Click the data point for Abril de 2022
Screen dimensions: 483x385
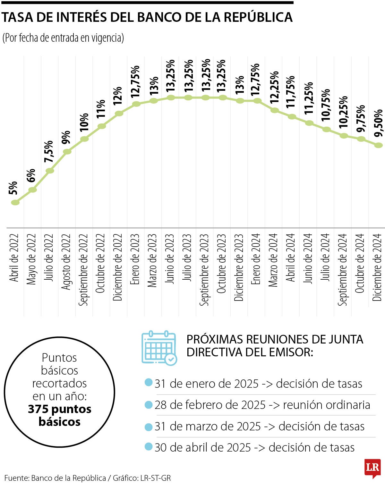click(x=15, y=202)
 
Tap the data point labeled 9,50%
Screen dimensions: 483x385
click(x=379, y=145)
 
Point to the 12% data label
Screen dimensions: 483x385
click(x=118, y=96)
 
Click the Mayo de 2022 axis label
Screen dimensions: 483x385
click(x=31, y=259)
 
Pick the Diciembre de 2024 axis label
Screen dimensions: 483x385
click(x=377, y=267)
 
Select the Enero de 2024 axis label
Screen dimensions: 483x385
click(x=256, y=259)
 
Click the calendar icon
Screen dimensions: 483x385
click(x=159, y=348)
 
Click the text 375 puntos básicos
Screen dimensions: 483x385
click(x=60, y=415)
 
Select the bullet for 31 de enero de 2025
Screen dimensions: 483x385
click(x=148, y=382)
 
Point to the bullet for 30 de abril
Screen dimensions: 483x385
click(x=148, y=446)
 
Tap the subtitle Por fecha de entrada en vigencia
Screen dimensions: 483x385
click(x=63, y=38)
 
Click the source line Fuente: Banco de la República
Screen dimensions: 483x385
click(x=55, y=478)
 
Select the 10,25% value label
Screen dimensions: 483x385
click(x=343, y=112)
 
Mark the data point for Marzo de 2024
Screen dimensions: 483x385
click(x=275, y=110)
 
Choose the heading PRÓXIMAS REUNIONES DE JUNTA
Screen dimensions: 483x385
click(x=275, y=339)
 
